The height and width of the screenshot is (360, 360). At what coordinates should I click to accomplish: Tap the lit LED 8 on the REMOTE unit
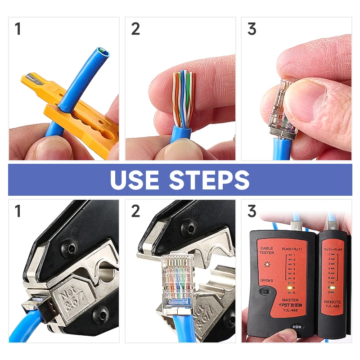click(330, 287)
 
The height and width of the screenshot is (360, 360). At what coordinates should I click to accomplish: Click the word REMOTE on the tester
click(332, 302)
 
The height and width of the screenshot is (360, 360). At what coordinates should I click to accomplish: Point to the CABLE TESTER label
click(266, 250)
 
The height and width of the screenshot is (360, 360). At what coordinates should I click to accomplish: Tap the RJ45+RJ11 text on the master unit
click(292, 248)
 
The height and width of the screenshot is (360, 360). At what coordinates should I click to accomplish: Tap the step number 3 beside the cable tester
click(252, 211)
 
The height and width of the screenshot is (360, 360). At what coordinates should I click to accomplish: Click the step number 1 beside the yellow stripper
click(18, 29)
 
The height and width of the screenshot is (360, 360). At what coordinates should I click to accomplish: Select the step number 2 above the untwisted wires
click(135, 29)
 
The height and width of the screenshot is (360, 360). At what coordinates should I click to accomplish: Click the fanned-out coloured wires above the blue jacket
click(183, 97)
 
